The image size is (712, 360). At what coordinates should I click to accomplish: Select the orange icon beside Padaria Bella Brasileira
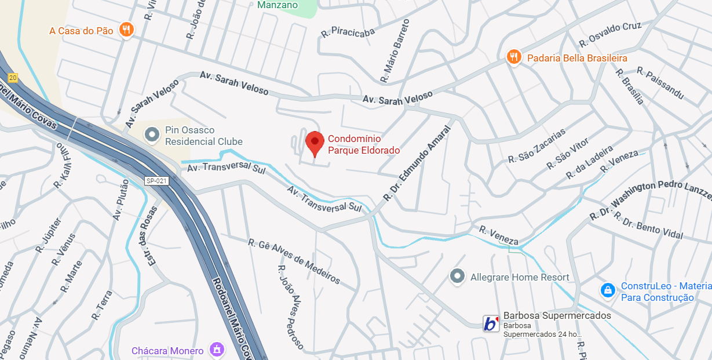click(x=513, y=57)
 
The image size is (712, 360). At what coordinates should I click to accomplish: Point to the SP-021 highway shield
click(x=156, y=181)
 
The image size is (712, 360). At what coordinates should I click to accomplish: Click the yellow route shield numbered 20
click(x=13, y=78)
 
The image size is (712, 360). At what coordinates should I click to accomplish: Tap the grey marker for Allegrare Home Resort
click(x=458, y=277)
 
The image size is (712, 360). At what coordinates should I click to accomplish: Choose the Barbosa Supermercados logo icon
click(x=491, y=323)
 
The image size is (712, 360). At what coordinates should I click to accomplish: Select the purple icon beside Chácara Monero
click(x=217, y=350)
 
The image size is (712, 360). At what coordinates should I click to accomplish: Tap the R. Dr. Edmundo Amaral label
click(x=417, y=163)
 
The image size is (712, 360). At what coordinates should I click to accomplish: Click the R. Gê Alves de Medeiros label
click(x=294, y=261)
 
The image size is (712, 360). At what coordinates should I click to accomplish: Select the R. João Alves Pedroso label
click(x=290, y=307)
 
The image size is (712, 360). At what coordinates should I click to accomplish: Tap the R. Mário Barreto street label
click(x=395, y=50)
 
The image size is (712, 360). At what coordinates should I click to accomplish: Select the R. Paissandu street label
click(x=660, y=82)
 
